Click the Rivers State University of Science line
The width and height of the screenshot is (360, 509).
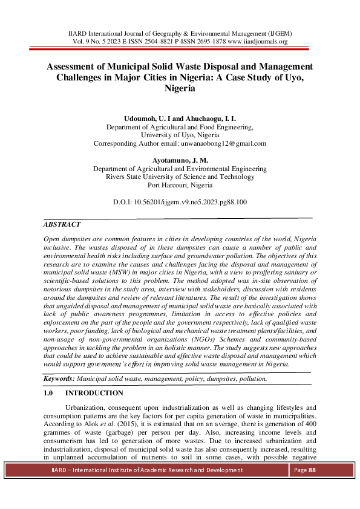180,177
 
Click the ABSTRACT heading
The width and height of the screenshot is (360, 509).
62,224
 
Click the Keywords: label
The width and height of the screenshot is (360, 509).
59,378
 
